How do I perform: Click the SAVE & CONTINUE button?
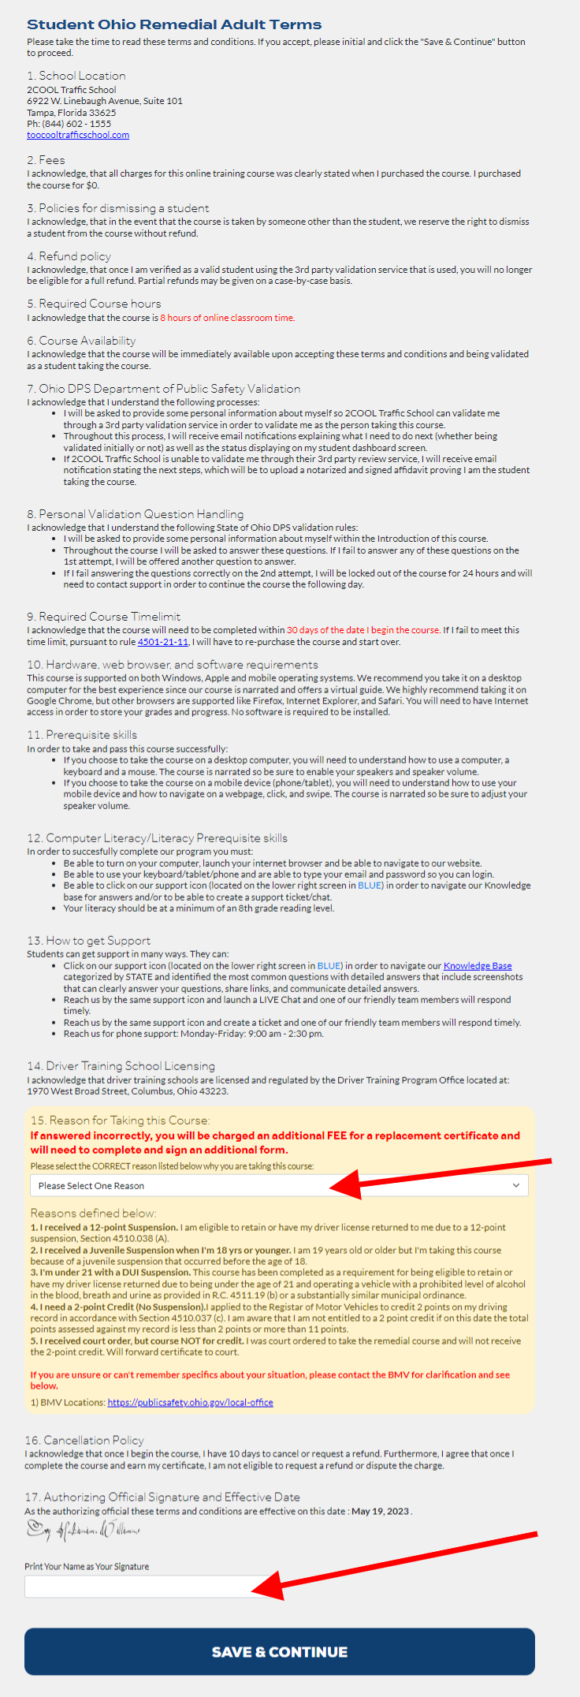click(279, 1651)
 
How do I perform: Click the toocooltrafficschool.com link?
click(78, 135)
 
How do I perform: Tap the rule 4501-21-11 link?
click(163, 642)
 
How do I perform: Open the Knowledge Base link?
click(478, 966)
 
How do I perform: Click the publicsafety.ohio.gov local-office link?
click(190, 1403)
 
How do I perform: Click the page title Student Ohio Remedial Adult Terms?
click(174, 24)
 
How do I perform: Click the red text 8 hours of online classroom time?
click(227, 318)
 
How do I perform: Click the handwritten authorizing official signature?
click(83, 1531)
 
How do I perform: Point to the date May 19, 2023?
click(380, 1511)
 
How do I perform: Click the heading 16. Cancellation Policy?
click(84, 1440)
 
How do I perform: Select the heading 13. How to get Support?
click(88, 941)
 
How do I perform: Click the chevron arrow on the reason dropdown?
click(516, 1185)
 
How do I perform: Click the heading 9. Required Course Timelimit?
click(104, 617)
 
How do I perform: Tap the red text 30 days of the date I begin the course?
click(362, 630)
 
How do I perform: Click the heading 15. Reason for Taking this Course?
click(120, 1121)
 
